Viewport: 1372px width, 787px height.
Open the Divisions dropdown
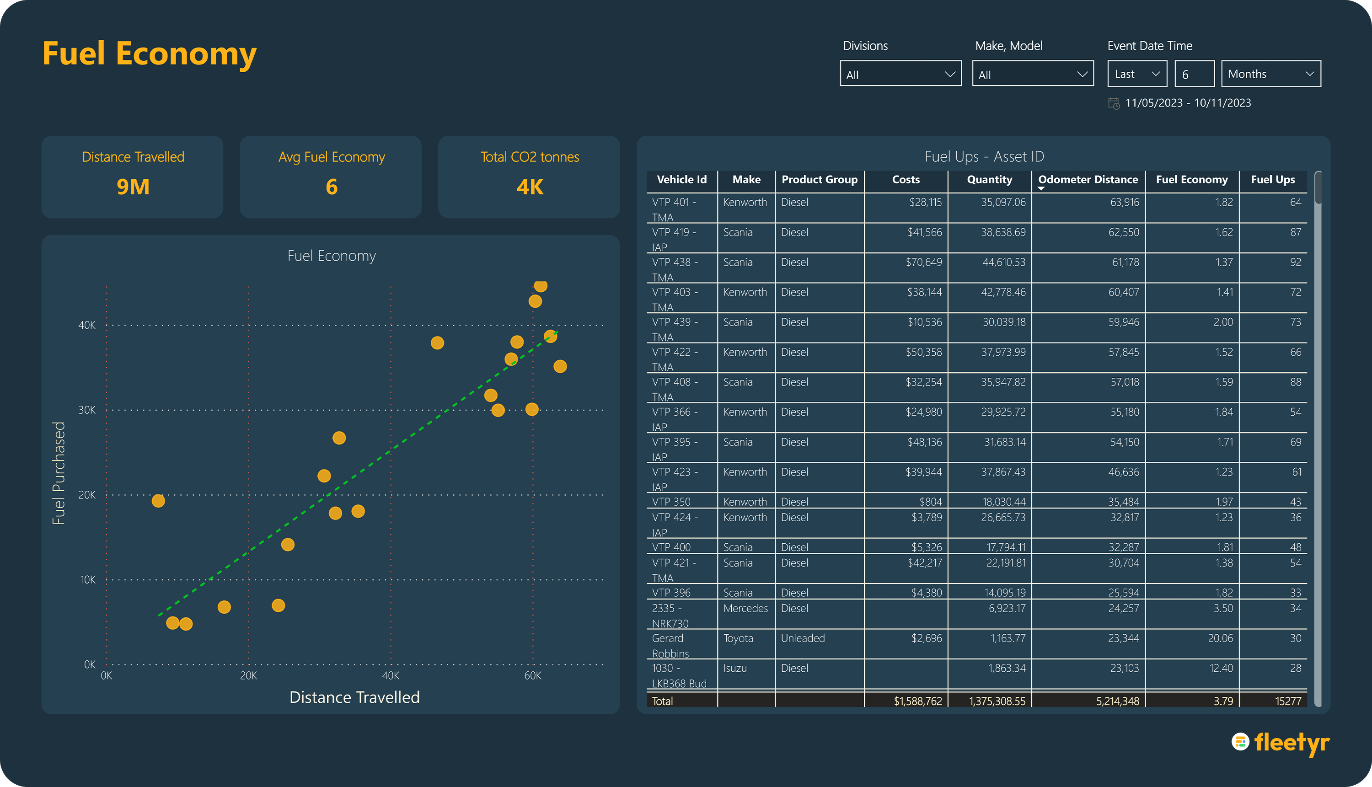tap(900, 74)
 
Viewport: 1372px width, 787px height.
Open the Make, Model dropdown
tap(1033, 74)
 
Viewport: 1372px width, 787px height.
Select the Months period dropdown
tap(1271, 74)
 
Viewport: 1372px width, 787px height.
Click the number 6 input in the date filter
tap(1195, 74)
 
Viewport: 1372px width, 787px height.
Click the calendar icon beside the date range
tap(1114, 103)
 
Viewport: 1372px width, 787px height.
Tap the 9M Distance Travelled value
tap(133, 187)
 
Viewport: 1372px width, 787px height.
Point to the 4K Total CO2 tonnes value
tap(530, 187)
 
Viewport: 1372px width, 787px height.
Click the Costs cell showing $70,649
tap(924, 262)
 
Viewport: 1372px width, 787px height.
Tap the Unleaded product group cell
tap(803, 638)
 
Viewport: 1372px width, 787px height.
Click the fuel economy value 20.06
tap(1221, 638)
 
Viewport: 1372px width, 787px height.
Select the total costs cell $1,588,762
tap(918, 701)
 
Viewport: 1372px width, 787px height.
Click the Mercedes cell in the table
tap(745, 609)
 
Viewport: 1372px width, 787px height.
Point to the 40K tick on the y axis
tap(87, 325)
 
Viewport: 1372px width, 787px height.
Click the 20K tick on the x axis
tap(249, 676)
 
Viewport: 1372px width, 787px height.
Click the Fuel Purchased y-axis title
tap(59, 473)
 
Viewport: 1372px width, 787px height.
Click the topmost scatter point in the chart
tap(541, 285)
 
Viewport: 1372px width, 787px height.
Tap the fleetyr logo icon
tap(1240, 742)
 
